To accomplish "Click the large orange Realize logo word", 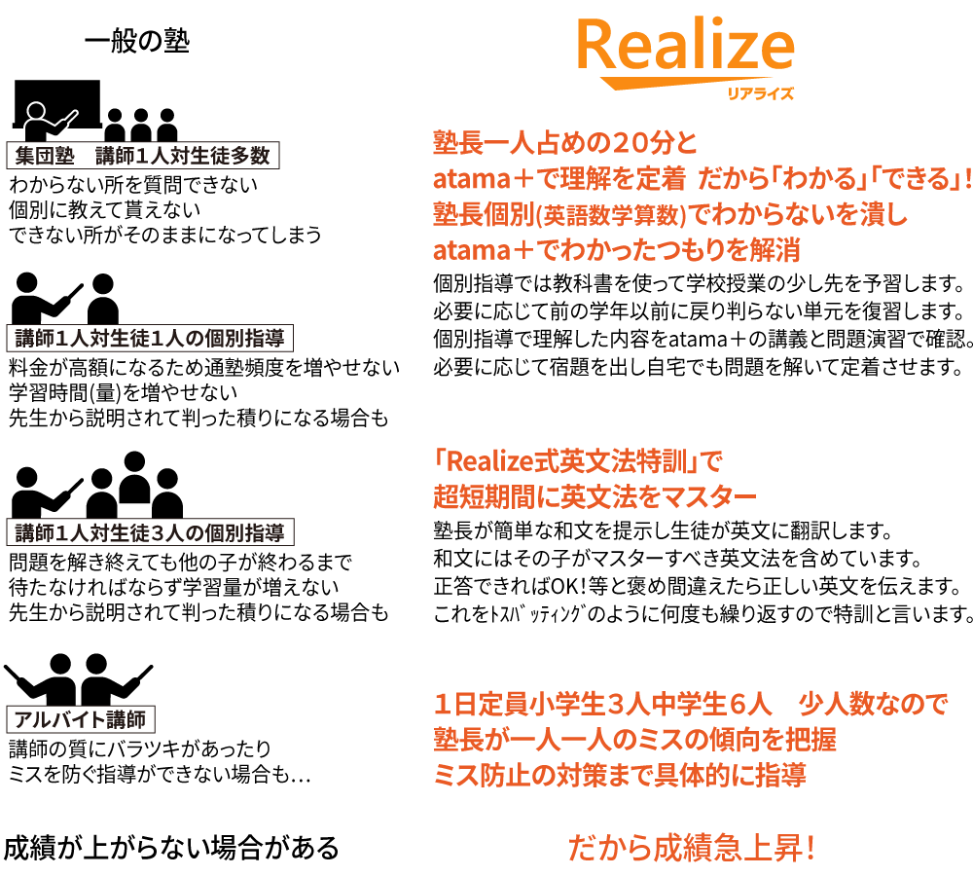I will click(686, 46).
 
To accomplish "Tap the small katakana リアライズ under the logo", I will click(761, 94).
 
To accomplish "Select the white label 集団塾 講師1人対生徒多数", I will click(143, 156).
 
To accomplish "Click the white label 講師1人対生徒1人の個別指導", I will click(150, 339).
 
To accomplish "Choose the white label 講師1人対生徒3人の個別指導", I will click(150, 533).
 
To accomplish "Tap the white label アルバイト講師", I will click(81, 720).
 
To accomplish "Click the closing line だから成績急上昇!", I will click(692, 847).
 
